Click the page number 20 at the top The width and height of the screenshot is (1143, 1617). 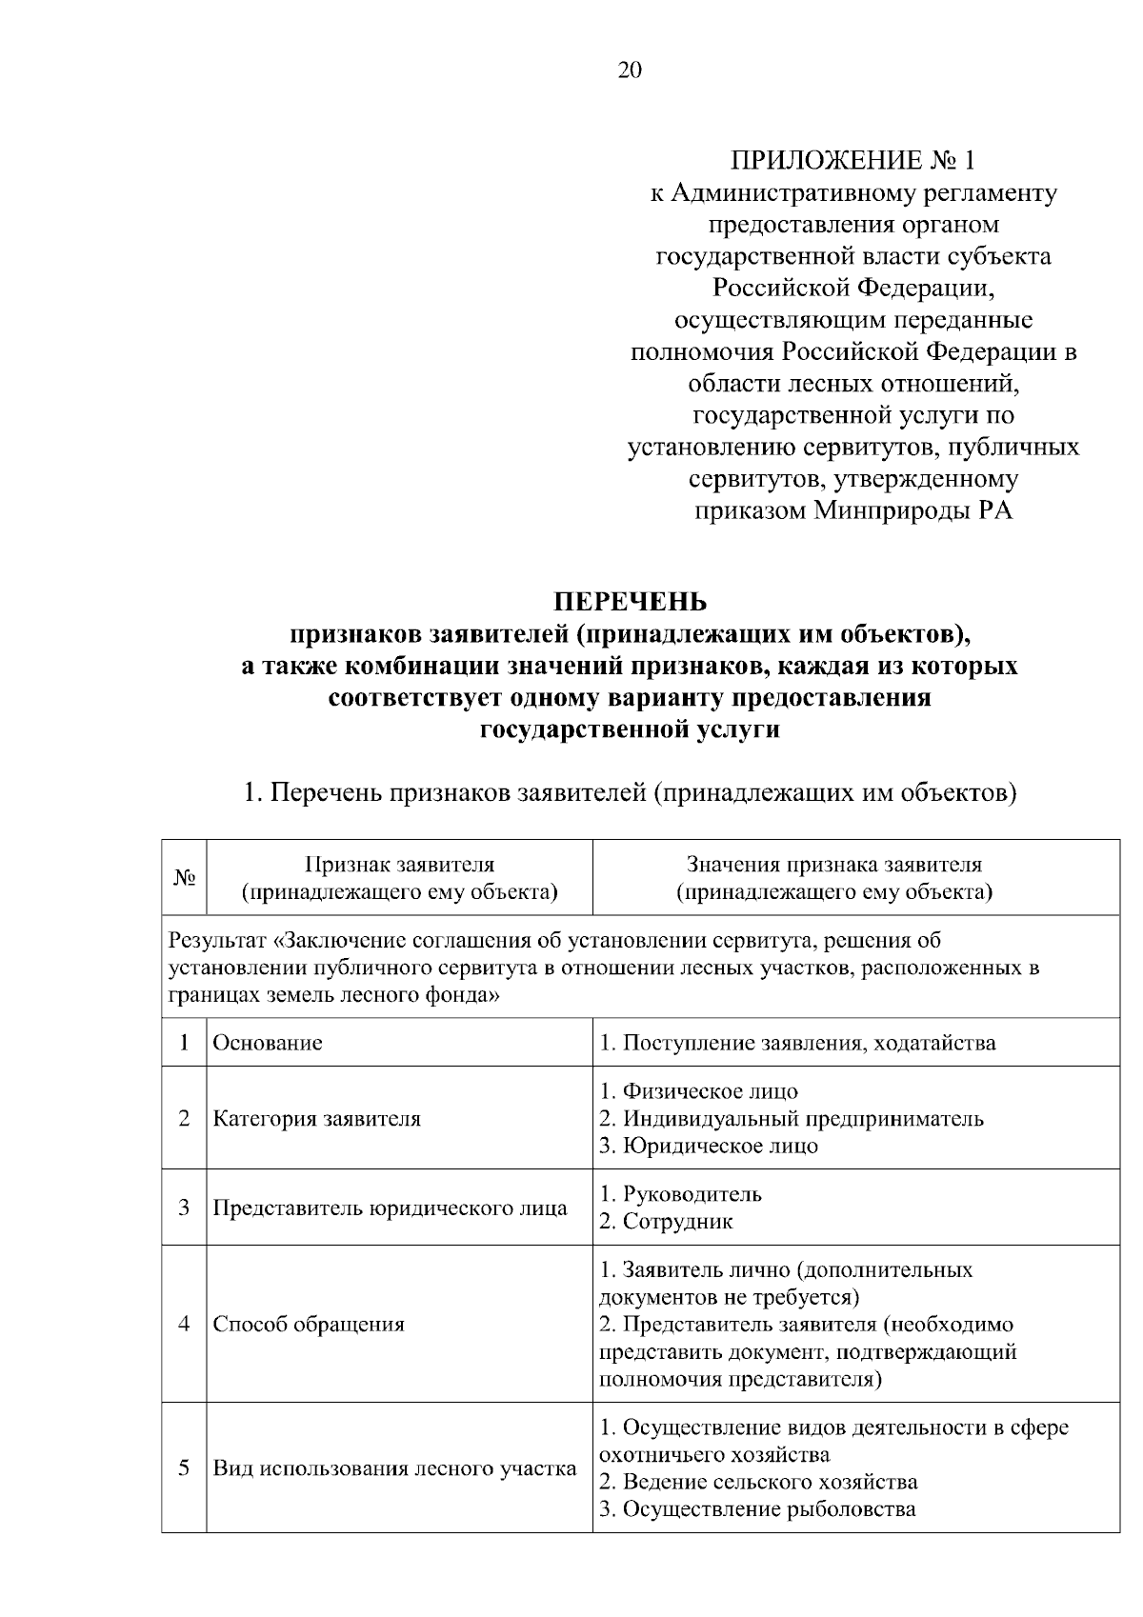coord(630,70)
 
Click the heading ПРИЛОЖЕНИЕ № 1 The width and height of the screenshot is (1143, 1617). coord(852,159)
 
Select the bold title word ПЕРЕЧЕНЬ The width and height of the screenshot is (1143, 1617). coord(631,602)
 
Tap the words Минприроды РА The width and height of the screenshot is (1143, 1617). coord(912,510)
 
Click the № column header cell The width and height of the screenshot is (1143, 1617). coord(184,878)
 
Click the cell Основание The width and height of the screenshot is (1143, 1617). coord(268,1043)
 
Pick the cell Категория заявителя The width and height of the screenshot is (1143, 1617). coord(316,1118)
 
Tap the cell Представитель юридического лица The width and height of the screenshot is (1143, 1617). coord(390,1208)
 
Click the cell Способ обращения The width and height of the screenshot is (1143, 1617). coord(309,1325)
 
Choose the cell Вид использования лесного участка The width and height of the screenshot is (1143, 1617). coord(394,1467)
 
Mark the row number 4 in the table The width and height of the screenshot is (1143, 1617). coord(184,1325)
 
